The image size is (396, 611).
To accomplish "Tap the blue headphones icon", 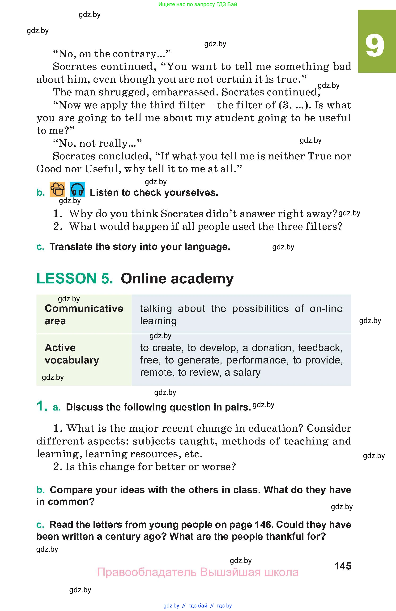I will (77, 190).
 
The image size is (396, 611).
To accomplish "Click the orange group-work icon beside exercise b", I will (57, 189).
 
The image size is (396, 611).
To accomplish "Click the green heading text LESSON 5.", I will (75, 278).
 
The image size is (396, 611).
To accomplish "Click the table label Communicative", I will (84, 309).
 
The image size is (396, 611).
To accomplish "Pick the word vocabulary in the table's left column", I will (72, 360).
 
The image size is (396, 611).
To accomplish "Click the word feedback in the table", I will (320, 348).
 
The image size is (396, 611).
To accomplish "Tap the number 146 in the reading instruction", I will (264, 525).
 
